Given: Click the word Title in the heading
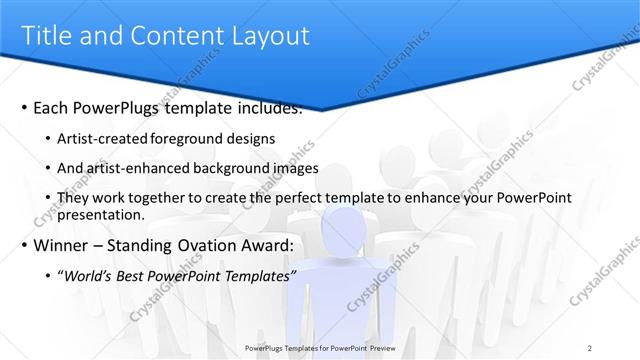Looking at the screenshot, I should (x=47, y=36).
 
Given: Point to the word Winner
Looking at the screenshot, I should (x=61, y=245).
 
